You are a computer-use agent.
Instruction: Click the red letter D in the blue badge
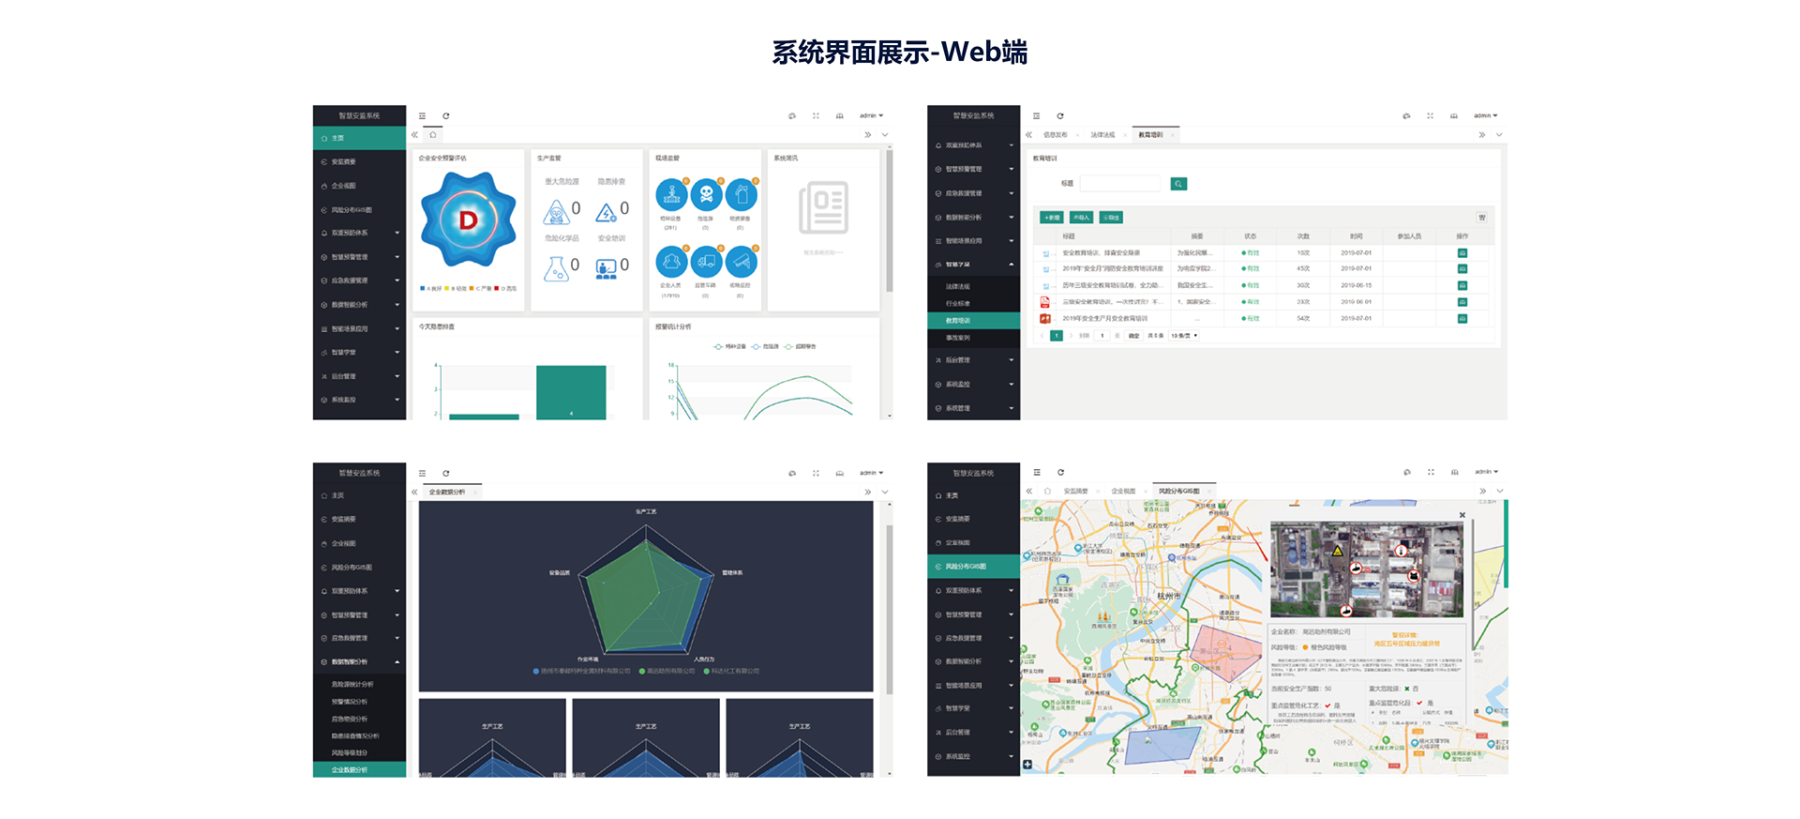(468, 220)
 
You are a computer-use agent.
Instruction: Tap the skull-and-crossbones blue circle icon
(706, 195)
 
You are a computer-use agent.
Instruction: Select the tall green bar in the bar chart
(570, 392)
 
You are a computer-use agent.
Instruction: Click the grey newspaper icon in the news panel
(823, 207)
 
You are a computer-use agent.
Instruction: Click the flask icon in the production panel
(556, 268)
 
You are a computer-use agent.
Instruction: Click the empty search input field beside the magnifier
(1119, 184)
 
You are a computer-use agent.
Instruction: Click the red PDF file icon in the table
(1044, 302)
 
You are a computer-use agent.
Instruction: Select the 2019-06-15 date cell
(1356, 285)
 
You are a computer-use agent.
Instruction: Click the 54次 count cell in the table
(1303, 319)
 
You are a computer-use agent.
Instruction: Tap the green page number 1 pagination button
(1057, 336)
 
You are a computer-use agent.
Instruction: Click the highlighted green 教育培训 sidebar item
(972, 321)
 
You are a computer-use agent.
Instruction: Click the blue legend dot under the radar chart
(536, 671)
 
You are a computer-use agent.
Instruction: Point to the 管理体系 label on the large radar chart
(732, 572)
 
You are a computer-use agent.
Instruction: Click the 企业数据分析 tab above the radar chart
(447, 492)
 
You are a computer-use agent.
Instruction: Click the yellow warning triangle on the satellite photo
(1339, 551)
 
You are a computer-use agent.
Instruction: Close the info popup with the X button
(1462, 515)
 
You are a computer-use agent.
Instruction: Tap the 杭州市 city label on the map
(1168, 596)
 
